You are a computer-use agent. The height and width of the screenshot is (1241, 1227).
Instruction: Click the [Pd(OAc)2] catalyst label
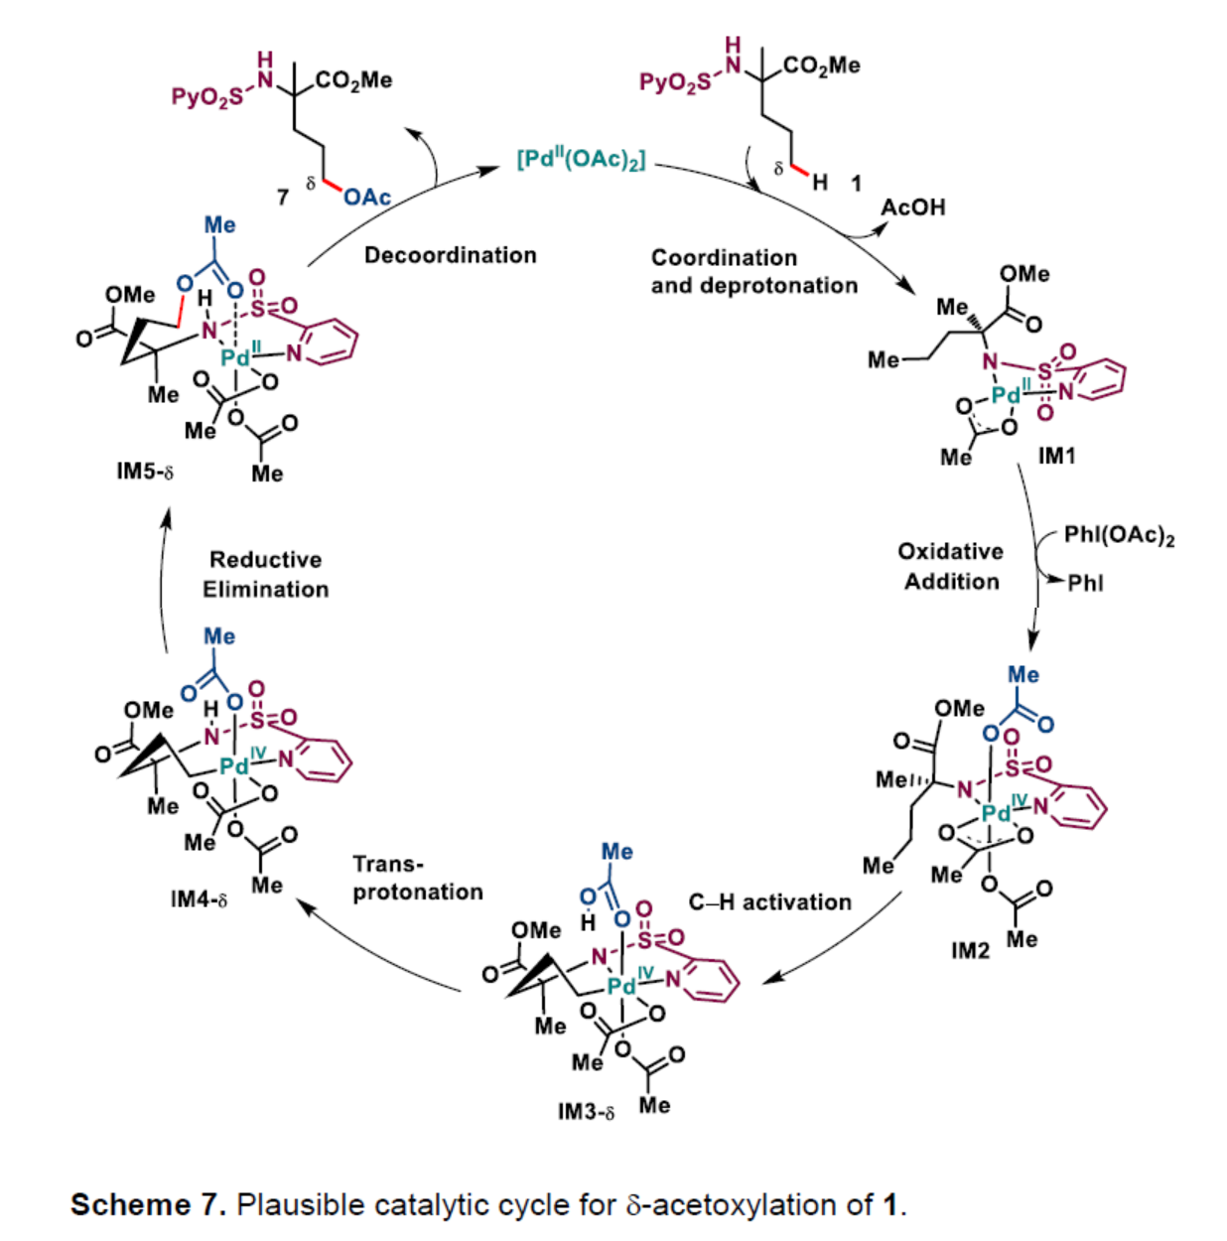pos(582,159)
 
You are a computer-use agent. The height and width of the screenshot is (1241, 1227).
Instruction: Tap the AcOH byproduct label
pos(913,207)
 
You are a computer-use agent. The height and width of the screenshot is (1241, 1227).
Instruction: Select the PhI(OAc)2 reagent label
pos(1119,536)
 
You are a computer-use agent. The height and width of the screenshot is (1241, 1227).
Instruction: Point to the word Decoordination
pos(450,255)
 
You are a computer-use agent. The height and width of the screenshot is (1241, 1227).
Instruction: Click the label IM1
pos(1057,456)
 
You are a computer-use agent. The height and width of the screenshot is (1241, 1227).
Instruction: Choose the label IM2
pos(970,951)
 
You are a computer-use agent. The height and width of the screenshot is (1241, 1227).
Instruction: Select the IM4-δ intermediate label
pos(199,899)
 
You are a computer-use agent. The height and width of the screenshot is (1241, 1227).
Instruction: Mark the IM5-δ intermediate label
pos(145,472)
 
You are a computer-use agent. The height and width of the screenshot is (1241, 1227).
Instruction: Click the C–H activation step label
pos(770,902)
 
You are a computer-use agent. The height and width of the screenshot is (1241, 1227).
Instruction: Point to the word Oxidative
pos(950,552)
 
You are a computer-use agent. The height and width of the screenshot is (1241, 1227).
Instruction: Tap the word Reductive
pos(265,560)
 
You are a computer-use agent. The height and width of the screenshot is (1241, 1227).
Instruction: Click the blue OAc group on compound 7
pos(366,197)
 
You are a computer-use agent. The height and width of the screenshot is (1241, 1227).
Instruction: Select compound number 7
pos(283,197)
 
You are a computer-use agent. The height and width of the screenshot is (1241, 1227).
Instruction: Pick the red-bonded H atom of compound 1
pos(820,182)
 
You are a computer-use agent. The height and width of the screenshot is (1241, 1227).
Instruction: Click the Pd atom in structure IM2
pos(995,813)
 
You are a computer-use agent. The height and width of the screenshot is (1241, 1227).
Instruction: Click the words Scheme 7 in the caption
pos(148,1204)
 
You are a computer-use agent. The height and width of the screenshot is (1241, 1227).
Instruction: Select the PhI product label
pos(1085,583)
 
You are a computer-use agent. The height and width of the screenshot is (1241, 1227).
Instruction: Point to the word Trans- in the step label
pos(387,864)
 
